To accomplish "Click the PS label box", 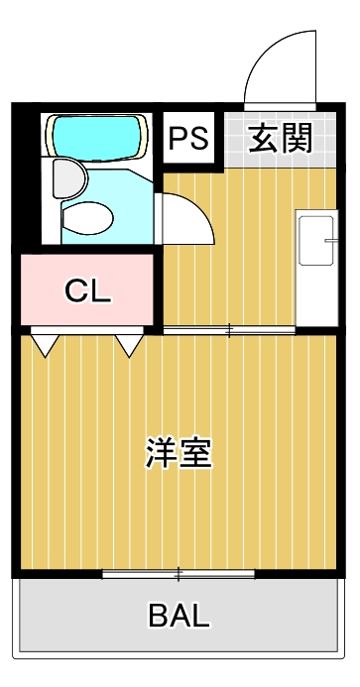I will tap(187, 138).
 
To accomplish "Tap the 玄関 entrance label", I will tap(280, 138).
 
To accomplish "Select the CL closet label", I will tap(88, 291).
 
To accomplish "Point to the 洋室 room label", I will tap(179, 453).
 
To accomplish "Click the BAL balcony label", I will tap(180, 616).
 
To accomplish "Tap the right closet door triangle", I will tap(129, 344).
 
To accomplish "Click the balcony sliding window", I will tap(179, 573).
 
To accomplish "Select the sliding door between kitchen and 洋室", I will tap(230, 328).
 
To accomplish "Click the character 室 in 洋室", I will tap(196, 453).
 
